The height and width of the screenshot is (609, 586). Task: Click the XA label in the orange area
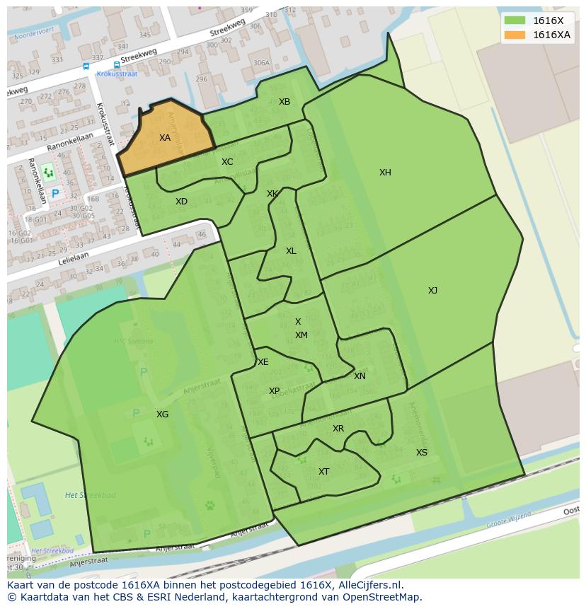(x=165, y=138)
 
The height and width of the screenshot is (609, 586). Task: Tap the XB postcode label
(x=285, y=102)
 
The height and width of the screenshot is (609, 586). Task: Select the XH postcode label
(x=385, y=173)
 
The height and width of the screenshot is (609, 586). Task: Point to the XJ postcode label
(x=432, y=291)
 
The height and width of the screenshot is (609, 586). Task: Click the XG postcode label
(x=163, y=414)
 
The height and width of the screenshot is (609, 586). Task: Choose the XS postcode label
(x=422, y=453)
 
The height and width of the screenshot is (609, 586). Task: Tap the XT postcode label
(x=323, y=472)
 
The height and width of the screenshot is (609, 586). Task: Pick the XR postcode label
(x=338, y=429)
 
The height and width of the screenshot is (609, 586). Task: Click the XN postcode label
(x=360, y=376)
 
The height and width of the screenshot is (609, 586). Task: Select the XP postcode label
(x=274, y=391)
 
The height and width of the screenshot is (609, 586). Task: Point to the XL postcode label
(x=291, y=251)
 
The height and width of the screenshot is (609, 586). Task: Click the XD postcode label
(x=182, y=202)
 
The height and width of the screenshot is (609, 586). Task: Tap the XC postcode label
(x=227, y=162)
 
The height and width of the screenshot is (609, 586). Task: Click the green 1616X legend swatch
(x=515, y=21)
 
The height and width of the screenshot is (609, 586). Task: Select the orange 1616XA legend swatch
(x=515, y=35)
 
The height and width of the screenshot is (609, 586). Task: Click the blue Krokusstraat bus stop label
(x=116, y=74)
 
